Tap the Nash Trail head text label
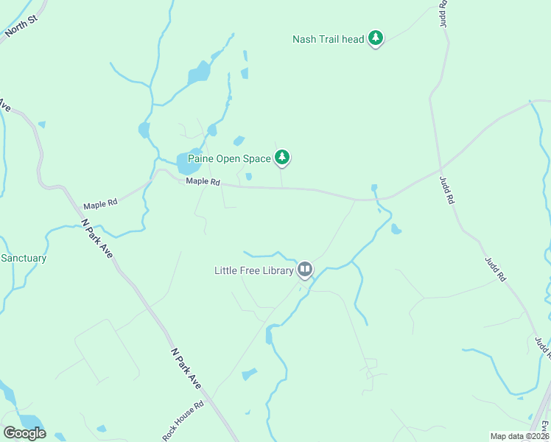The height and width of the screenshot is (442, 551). click(x=329, y=39)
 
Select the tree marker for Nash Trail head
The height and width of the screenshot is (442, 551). click(x=376, y=38)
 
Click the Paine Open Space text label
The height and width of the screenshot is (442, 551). click(x=229, y=158)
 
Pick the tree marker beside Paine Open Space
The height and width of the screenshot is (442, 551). click(x=282, y=157)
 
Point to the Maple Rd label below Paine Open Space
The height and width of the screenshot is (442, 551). click(x=203, y=181)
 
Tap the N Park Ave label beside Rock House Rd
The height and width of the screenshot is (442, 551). click(x=186, y=369)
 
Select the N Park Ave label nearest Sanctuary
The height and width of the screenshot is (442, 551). click(x=97, y=238)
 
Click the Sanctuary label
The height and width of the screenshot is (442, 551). click(x=24, y=259)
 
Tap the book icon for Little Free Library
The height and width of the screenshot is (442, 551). click(x=305, y=270)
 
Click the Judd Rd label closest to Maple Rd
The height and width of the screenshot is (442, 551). click(x=446, y=189)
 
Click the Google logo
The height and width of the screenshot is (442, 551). click(x=24, y=433)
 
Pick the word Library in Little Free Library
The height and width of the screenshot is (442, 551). click(x=276, y=270)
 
